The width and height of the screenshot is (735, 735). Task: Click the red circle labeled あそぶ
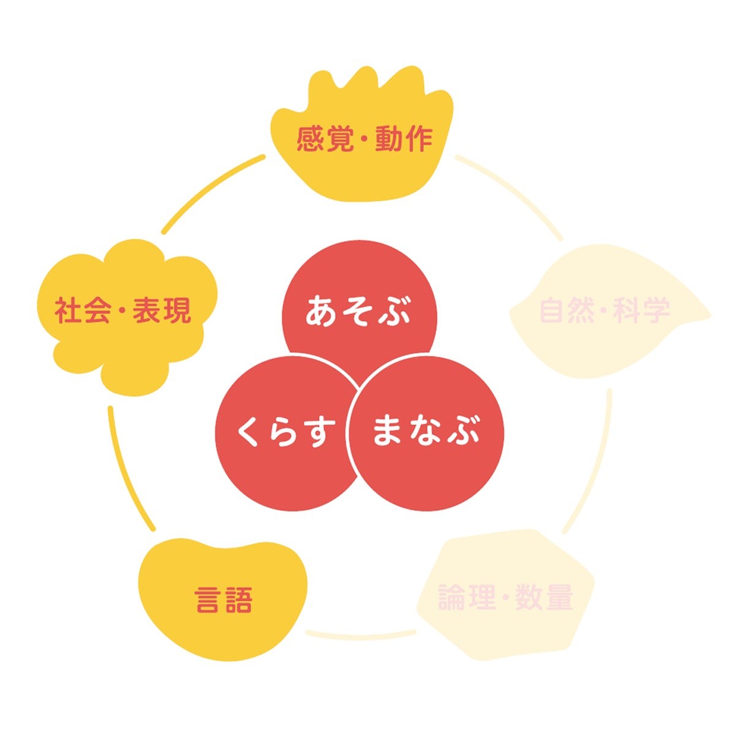click(x=360, y=317)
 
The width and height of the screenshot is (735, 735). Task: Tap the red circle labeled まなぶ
click(x=426, y=434)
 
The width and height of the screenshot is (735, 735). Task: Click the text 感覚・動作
click(x=364, y=140)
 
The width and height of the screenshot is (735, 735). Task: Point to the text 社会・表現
click(x=123, y=311)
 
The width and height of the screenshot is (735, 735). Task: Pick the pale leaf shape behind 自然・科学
click(x=610, y=312)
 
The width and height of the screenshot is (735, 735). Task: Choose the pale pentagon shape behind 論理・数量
click(x=506, y=590)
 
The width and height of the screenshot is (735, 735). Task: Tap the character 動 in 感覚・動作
click(x=388, y=140)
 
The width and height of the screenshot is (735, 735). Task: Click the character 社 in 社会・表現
click(x=68, y=311)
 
